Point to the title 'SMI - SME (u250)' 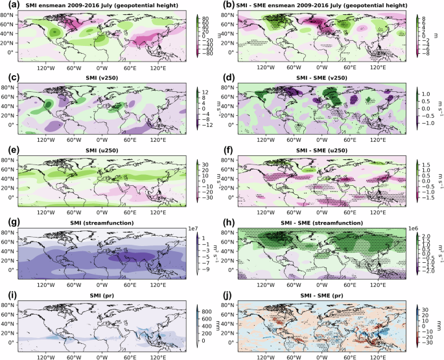click(329, 150)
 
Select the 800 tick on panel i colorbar click(211, 305)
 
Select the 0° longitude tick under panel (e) click(102, 208)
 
